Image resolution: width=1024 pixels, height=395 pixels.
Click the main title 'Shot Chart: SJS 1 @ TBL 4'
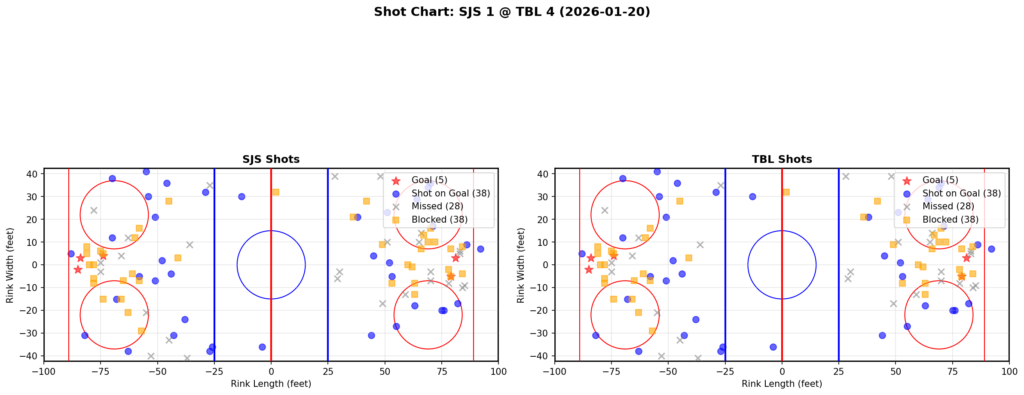(x=512, y=12)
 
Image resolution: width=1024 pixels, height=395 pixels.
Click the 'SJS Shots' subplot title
(x=271, y=159)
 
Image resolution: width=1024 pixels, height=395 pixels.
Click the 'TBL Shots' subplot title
(x=782, y=159)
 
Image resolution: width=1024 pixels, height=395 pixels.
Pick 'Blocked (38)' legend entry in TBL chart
(x=950, y=220)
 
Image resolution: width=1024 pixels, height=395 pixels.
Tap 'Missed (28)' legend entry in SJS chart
(x=437, y=206)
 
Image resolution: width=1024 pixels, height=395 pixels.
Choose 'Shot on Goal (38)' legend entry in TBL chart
(x=962, y=193)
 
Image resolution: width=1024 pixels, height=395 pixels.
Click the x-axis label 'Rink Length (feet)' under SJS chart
(x=271, y=384)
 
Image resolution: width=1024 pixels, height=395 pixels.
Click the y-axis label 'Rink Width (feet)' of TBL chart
(x=521, y=265)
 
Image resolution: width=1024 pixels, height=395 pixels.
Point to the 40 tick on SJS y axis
(x=34, y=174)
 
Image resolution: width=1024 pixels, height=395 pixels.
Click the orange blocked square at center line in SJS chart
(x=275, y=192)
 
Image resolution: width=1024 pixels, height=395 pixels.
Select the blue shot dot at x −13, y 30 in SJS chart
(x=241, y=196)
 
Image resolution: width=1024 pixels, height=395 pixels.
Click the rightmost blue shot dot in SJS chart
(x=480, y=249)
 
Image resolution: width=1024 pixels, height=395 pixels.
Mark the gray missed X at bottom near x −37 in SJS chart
(x=187, y=358)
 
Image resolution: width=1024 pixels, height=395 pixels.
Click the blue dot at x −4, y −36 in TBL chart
(x=773, y=347)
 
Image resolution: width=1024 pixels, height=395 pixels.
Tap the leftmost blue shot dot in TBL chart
(x=582, y=254)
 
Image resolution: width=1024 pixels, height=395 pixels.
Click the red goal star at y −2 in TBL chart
(x=589, y=269)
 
